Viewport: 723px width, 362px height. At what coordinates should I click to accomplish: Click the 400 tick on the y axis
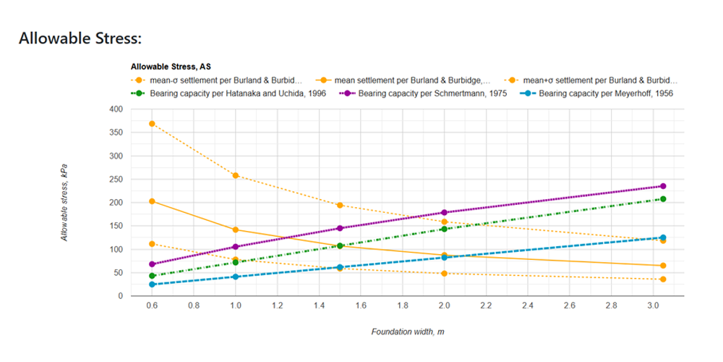(x=116, y=109)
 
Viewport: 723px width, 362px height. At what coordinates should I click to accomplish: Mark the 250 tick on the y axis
(x=116, y=180)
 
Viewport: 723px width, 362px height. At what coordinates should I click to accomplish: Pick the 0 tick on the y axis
(x=120, y=296)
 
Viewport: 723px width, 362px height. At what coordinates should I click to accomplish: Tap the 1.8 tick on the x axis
(x=403, y=306)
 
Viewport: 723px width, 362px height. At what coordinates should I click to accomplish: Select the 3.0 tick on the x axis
(x=653, y=306)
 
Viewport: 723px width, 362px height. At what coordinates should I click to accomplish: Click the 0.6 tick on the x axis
(x=152, y=306)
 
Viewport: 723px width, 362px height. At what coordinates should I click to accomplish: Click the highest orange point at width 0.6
(x=152, y=124)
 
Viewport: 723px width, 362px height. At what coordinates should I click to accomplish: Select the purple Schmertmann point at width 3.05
(x=663, y=186)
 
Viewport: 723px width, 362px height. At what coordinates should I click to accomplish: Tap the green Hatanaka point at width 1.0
(x=236, y=262)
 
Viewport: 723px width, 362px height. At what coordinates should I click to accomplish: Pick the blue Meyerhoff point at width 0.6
(x=152, y=285)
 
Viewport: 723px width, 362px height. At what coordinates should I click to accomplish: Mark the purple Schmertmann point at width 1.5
(x=340, y=228)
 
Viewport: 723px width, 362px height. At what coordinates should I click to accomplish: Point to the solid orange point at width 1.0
(x=236, y=230)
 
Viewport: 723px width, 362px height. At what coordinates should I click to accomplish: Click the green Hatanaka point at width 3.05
(x=663, y=199)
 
